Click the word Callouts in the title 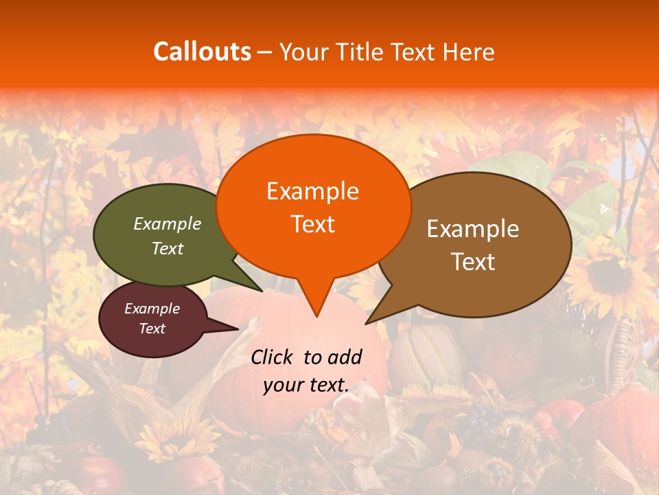[202, 52]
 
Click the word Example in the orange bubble [313, 191]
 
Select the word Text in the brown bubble [474, 261]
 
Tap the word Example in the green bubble [167, 223]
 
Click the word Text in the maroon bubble [152, 329]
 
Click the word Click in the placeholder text [273, 357]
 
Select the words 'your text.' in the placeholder [306, 385]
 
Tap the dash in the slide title [266, 52]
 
